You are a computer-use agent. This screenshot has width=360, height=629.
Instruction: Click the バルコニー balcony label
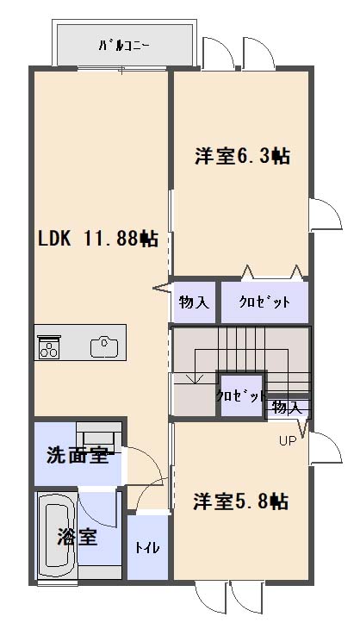click(124, 45)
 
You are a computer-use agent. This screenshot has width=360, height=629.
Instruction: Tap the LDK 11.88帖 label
click(98, 239)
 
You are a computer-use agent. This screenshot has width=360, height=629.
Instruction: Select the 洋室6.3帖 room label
click(243, 156)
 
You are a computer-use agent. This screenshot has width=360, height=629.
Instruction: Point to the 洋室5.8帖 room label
click(240, 501)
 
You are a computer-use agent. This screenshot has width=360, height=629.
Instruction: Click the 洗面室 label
click(78, 455)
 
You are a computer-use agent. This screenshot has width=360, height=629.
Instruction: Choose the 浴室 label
click(77, 537)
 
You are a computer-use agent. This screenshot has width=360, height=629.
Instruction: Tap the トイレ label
click(147, 547)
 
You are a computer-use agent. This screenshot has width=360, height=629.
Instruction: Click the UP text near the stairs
click(288, 441)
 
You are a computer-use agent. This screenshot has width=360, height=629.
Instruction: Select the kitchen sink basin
click(104, 346)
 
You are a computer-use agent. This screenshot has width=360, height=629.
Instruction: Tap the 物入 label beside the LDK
click(194, 302)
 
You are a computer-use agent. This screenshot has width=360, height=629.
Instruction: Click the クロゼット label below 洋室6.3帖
click(264, 302)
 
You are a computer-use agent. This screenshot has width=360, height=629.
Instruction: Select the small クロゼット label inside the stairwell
click(240, 396)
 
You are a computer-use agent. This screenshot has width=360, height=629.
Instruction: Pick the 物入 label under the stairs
click(286, 408)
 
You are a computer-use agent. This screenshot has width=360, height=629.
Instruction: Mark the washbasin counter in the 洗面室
click(99, 436)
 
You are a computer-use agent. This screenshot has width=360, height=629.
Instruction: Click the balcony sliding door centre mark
click(122, 70)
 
